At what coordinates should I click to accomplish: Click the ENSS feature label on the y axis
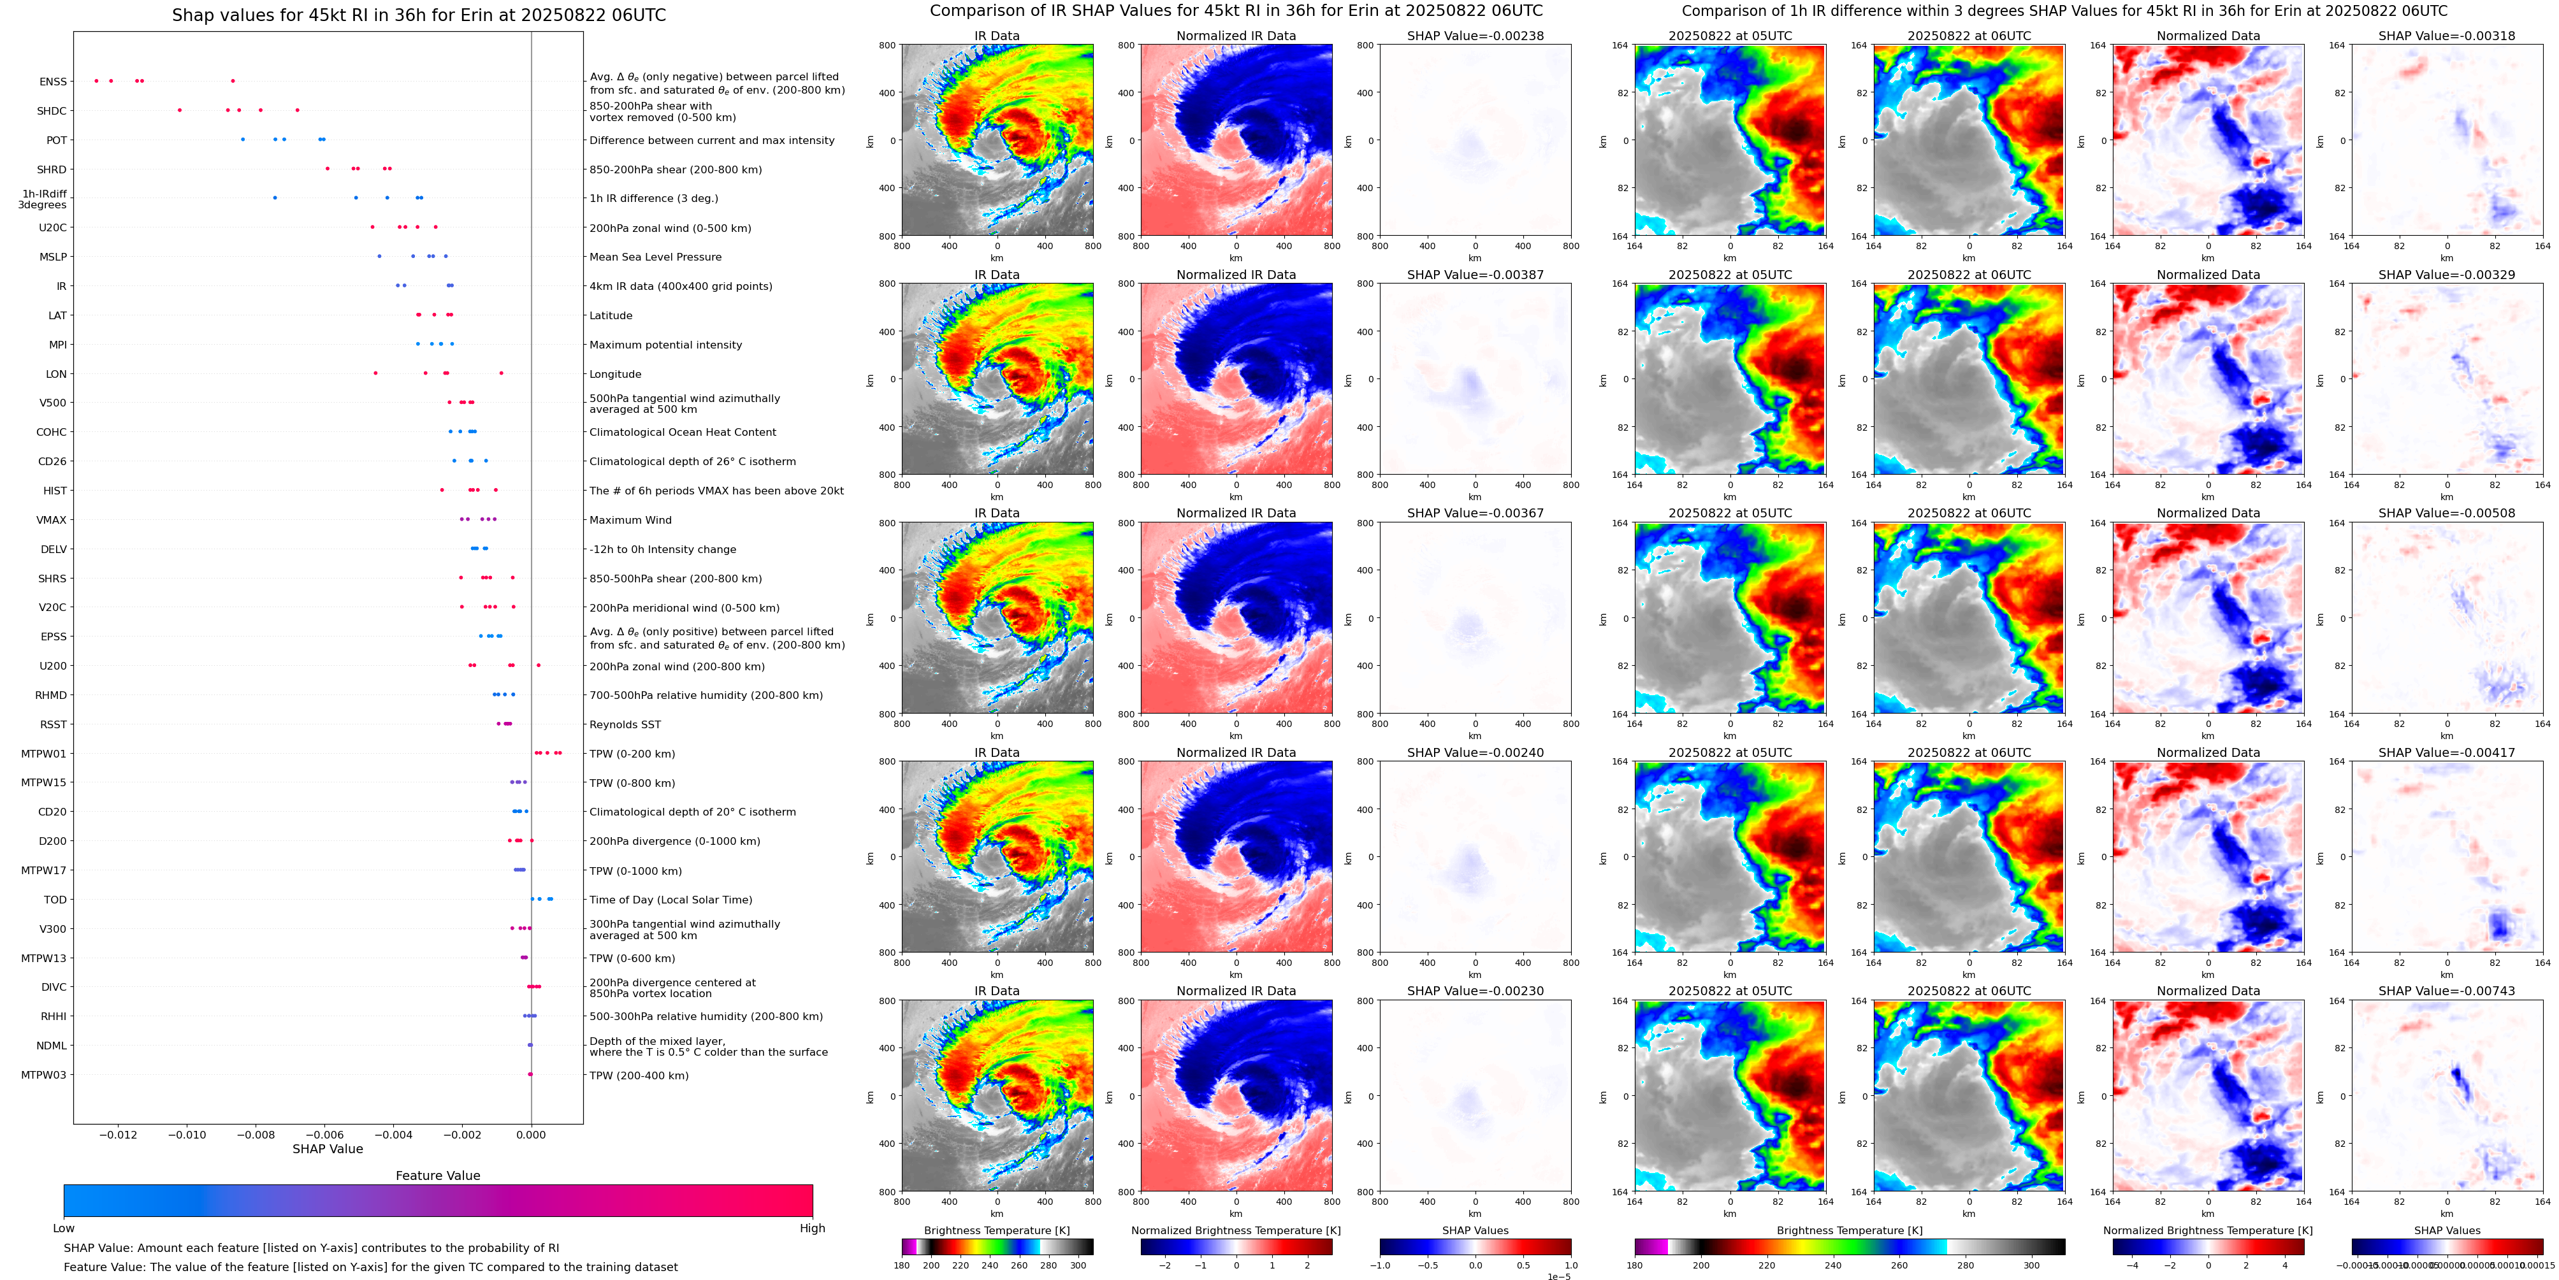tap(53, 82)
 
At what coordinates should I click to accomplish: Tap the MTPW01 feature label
tap(44, 754)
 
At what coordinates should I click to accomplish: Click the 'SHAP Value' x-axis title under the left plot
tap(327, 1149)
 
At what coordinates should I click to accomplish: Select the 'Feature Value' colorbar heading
tap(437, 1176)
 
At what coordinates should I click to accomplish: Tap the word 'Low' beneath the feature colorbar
tap(64, 1228)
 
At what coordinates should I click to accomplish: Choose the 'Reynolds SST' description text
tap(624, 725)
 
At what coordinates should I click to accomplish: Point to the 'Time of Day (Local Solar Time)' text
tap(671, 900)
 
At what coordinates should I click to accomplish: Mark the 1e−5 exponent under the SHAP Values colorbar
tap(1558, 1276)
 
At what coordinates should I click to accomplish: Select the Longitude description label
tap(615, 375)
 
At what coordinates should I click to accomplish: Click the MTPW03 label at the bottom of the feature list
tap(44, 1074)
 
